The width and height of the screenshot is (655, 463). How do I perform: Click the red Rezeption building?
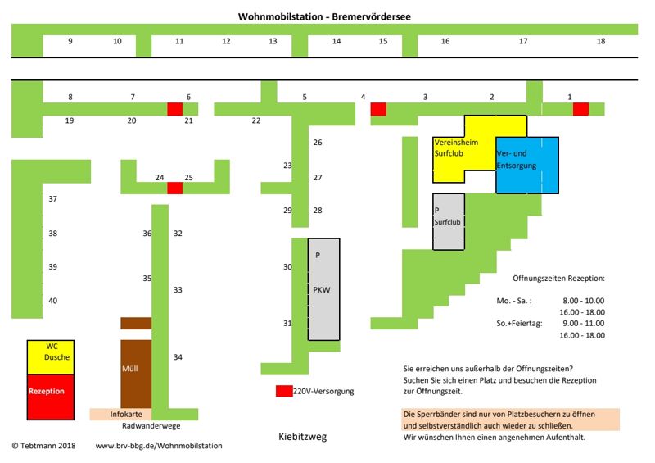[51, 392]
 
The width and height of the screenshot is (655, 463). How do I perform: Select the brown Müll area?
[136, 373]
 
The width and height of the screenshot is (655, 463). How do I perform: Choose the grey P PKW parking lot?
[323, 289]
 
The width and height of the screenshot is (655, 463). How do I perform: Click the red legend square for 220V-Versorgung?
[283, 391]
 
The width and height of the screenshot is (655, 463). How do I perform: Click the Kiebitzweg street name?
[302, 437]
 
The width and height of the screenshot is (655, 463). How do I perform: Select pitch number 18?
[601, 41]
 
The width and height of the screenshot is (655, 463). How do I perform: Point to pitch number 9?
[70, 41]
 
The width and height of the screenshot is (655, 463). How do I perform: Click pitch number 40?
[52, 301]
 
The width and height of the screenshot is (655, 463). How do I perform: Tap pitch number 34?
[178, 357]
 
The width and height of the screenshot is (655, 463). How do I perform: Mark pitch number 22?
[256, 120]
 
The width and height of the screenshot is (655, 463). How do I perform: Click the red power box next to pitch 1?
[580, 109]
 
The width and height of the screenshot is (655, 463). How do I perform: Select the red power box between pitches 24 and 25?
[174, 188]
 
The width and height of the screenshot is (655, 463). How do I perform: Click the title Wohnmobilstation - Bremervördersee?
[325, 16]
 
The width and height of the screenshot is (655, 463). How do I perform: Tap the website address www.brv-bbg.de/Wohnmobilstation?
[158, 446]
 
